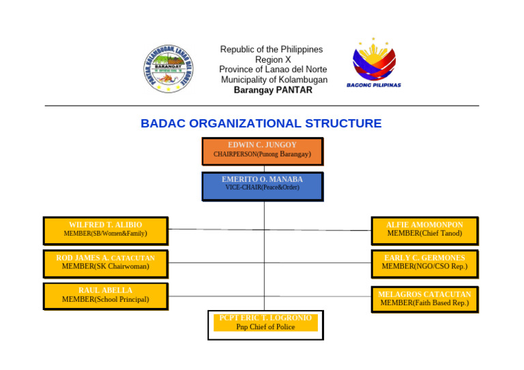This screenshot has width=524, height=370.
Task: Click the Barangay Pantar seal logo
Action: tap(168, 69)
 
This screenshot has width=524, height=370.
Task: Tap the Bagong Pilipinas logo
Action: tap(373, 62)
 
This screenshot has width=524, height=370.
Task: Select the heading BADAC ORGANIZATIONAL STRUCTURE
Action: tap(261, 123)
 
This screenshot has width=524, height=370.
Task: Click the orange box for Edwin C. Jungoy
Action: tap(262, 151)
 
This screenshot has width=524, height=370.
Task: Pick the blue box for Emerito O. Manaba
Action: tap(262, 186)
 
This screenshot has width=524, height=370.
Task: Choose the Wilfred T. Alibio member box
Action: tap(105, 230)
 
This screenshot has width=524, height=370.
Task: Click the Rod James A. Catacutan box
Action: tap(105, 263)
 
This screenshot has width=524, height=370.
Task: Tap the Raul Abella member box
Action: tap(105, 296)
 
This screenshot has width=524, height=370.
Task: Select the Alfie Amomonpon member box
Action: tap(424, 230)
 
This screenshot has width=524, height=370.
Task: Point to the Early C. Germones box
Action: tap(424, 263)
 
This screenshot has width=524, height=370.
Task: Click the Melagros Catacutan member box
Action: tap(424, 299)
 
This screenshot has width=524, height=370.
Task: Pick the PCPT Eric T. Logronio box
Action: tap(265, 324)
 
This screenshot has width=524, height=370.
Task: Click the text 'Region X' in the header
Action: tap(272, 60)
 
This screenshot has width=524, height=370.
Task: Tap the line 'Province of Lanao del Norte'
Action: tap(272, 70)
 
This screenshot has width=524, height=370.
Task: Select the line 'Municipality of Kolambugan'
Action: tap(274, 80)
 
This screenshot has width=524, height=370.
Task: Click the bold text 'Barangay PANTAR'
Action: tap(272, 90)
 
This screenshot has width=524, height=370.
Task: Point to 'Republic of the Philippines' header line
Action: tap(271, 50)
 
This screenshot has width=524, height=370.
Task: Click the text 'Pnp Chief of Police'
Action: tap(265, 327)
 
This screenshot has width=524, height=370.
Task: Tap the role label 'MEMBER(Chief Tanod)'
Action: tap(424, 234)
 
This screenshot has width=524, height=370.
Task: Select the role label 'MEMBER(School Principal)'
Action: tap(105, 300)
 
